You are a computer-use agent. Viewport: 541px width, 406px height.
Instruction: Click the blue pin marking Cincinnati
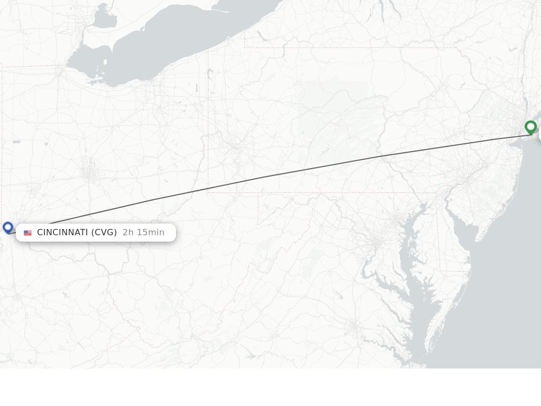[7, 227]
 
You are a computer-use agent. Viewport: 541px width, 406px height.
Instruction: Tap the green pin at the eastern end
[530, 127]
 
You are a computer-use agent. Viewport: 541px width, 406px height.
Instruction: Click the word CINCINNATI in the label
[62, 233]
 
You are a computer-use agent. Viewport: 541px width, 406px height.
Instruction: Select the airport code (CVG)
[104, 233]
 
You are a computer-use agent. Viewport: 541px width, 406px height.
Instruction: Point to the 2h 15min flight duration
[143, 233]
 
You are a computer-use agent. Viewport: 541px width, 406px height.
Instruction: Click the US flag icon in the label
[28, 233]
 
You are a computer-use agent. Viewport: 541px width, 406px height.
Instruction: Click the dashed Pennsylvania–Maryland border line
[317, 193]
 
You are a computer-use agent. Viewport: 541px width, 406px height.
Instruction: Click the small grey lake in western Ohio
[17, 142]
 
